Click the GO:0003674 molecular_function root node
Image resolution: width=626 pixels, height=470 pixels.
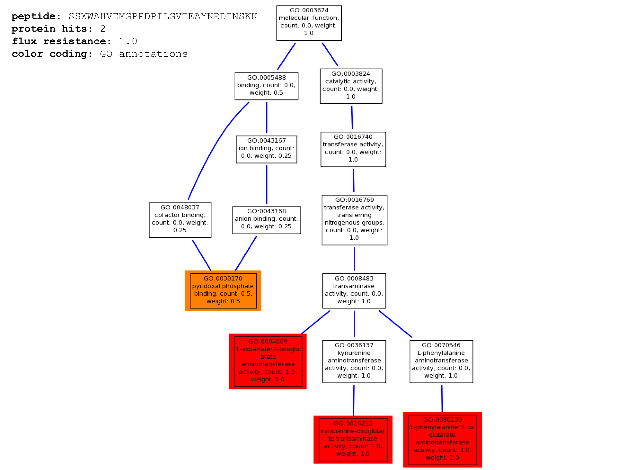click(309, 23)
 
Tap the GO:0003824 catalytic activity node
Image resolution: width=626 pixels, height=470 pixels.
click(351, 86)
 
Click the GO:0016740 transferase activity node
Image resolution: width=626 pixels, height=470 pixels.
click(353, 149)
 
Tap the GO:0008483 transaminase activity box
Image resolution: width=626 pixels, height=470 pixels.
click(354, 291)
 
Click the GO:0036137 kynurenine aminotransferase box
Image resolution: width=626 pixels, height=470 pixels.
click(354, 362)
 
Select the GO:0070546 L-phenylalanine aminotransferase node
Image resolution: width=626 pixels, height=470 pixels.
click(441, 362)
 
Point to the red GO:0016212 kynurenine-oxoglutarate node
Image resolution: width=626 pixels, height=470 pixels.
click(353, 440)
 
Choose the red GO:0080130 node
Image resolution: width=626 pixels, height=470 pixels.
click(442, 440)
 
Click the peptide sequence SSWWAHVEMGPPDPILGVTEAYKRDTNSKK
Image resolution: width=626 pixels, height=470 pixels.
click(163, 17)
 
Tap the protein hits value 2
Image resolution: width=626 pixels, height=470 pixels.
click(103, 29)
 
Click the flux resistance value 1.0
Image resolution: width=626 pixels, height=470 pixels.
click(128, 41)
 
